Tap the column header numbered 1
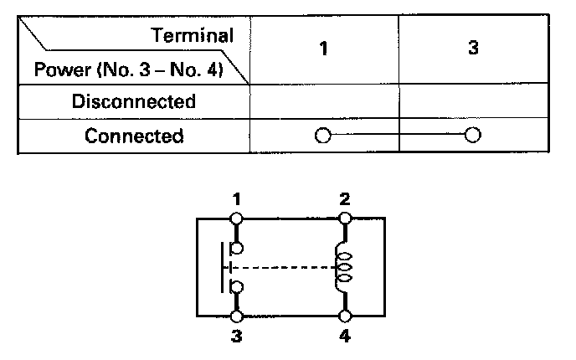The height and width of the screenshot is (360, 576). [x=323, y=49]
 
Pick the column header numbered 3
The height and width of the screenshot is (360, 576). [x=472, y=49]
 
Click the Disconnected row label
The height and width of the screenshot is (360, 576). [x=134, y=102]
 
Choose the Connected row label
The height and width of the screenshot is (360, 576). [x=134, y=136]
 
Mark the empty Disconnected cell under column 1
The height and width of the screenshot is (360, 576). [x=324, y=102]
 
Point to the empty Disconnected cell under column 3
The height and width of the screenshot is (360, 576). [x=473, y=102]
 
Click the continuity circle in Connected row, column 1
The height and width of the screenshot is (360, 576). [x=323, y=136]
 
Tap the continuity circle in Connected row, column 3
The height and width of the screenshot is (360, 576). [x=473, y=136]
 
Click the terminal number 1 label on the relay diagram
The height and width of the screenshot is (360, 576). [x=237, y=199]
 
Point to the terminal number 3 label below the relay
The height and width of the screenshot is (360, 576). [x=237, y=337]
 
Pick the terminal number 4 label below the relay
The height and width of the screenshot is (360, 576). [x=345, y=337]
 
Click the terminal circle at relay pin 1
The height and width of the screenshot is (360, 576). [x=237, y=218]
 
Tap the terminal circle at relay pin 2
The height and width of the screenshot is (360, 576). [x=344, y=218]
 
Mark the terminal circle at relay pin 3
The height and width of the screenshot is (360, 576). [x=237, y=316]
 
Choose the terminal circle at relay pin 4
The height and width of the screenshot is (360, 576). [x=344, y=316]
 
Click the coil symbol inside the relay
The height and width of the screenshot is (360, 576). [x=343, y=268]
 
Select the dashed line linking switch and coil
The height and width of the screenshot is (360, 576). [x=285, y=268]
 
